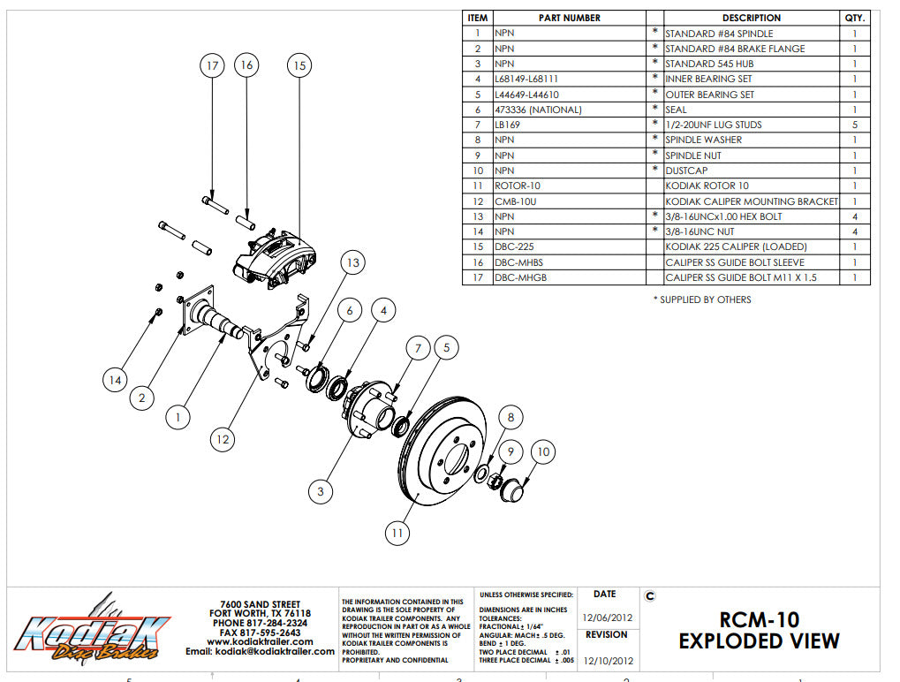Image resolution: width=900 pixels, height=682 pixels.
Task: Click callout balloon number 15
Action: [x=299, y=65]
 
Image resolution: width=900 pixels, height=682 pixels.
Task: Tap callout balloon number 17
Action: [x=212, y=65]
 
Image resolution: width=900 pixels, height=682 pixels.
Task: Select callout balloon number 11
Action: [x=398, y=532]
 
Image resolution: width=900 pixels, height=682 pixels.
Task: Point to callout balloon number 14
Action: [x=114, y=380]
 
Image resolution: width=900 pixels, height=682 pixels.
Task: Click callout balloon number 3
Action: [x=321, y=489]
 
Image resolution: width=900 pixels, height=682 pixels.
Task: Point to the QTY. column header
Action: [x=855, y=18]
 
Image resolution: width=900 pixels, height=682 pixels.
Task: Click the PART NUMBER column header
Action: [x=569, y=18]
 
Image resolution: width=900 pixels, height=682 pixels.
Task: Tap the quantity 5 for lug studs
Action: [x=855, y=125]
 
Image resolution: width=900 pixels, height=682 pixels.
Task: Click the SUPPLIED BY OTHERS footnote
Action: [x=701, y=299]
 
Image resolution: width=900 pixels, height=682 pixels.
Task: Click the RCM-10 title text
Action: [x=759, y=619]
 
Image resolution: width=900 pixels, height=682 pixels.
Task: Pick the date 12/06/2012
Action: [x=605, y=618]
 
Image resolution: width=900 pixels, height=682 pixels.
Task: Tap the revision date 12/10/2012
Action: [x=605, y=659]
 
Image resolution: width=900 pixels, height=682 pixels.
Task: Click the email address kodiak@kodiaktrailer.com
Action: [x=260, y=652]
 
